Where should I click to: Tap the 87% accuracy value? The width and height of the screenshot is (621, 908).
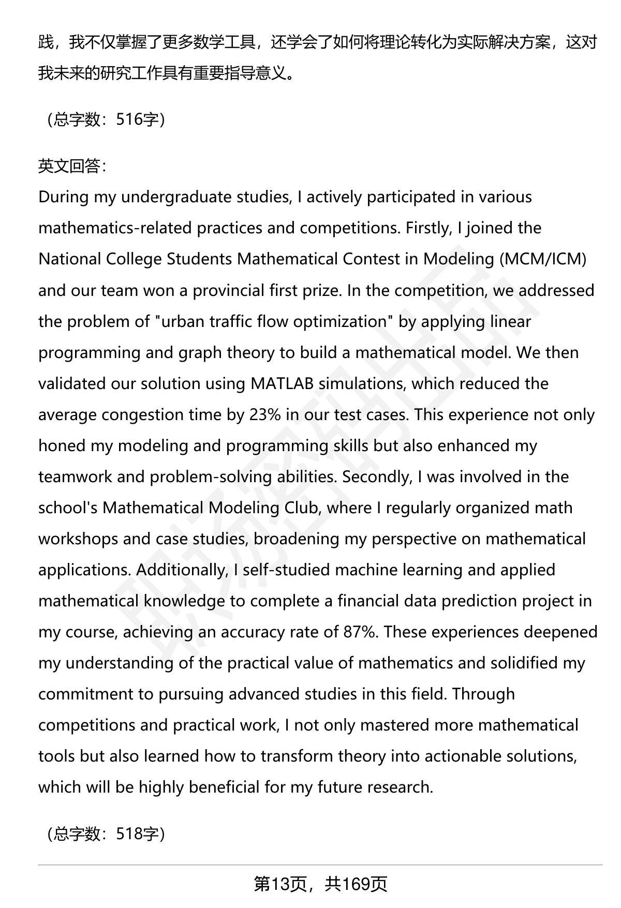[360, 632]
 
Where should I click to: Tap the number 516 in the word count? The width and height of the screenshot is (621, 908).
[129, 120]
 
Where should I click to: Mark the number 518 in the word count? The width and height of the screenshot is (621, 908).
[129, 833]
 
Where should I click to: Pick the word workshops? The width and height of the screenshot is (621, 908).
[78, 539]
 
